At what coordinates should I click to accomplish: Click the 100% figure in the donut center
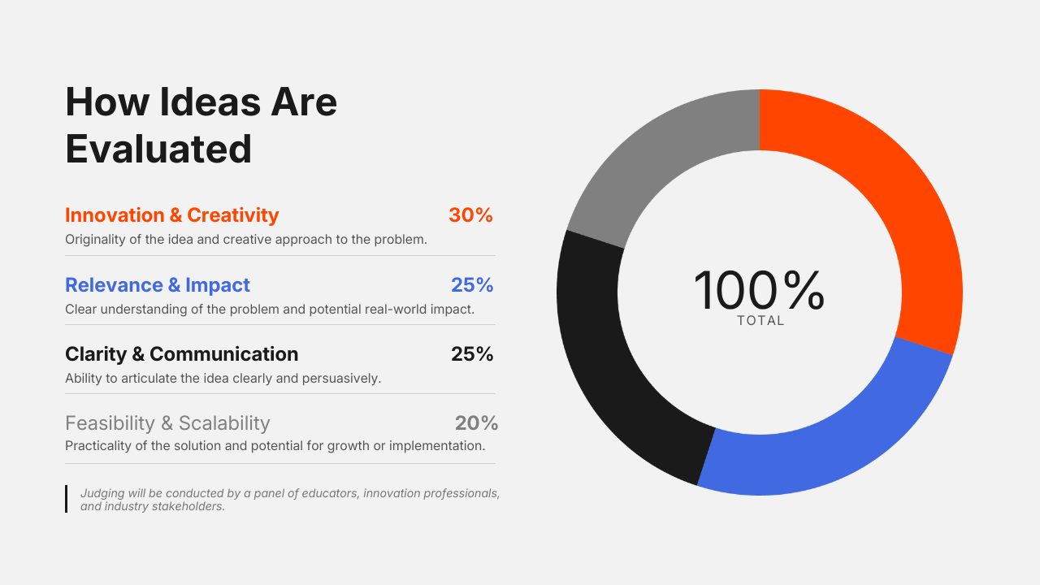tap(759, 291)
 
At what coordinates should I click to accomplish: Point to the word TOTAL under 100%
tap(760, 321)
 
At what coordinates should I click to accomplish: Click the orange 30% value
tap(470, 215)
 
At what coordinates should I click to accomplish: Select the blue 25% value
tap(472, 285)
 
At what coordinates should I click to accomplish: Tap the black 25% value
tap(472, 354)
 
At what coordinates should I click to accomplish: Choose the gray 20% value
tap(476, 423)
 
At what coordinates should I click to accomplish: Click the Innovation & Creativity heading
tap(171, 215)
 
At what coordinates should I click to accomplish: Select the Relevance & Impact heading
tap(158, 285)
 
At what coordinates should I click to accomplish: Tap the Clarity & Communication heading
tap(181, 354)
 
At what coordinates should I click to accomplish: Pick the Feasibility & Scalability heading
tap(167, 423)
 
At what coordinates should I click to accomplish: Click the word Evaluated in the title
tap(158, 149)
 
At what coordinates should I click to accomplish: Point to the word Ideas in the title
tap(210, 102)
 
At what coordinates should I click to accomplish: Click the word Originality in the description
tap(95, 240)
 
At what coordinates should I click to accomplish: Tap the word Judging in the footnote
tap(102, 493)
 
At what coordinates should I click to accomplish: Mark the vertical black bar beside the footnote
tap(67, 499)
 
